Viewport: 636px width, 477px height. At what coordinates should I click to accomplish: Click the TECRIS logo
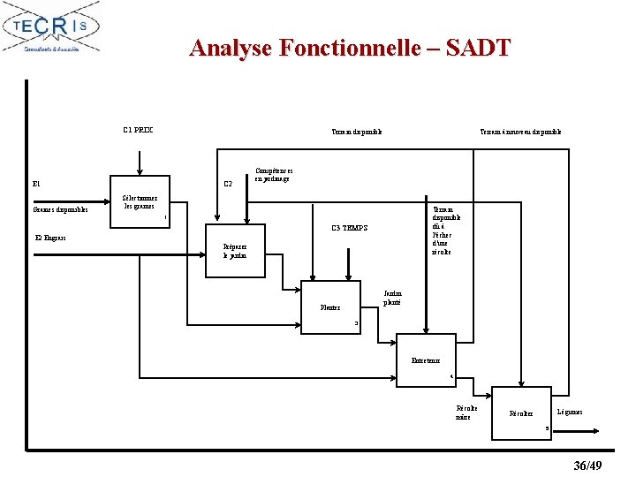(x=51, y=27)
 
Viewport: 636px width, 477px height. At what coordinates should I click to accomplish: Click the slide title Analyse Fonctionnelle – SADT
(x=350, y=47)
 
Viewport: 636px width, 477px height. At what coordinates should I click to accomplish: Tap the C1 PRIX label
(x=138, y=130)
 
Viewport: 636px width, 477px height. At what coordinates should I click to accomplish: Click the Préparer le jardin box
(x=236, y=252)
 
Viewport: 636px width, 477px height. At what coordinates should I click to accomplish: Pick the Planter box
(x=331, y=307)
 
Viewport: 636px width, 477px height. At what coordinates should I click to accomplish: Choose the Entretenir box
(x=426, y=360)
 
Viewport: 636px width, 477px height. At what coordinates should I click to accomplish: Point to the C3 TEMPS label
(x=350, y=229)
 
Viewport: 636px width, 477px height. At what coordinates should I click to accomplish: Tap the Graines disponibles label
(x=60, y=209)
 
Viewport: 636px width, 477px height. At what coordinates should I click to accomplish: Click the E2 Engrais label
(x=50, y=238)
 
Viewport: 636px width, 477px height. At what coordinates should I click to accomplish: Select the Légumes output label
(x=570, y=413)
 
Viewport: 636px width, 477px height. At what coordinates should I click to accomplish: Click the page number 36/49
(x=587, y=466)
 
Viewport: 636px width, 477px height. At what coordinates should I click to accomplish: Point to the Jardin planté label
(x=392, y=298)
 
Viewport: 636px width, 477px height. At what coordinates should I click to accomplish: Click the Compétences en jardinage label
(x=274, y=175)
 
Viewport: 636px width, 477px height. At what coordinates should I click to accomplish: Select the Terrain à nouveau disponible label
(x=520, y=132)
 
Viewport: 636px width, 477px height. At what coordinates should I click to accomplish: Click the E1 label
(x=36, y=185)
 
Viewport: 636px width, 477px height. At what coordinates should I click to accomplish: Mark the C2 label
(x=228, y=184)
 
